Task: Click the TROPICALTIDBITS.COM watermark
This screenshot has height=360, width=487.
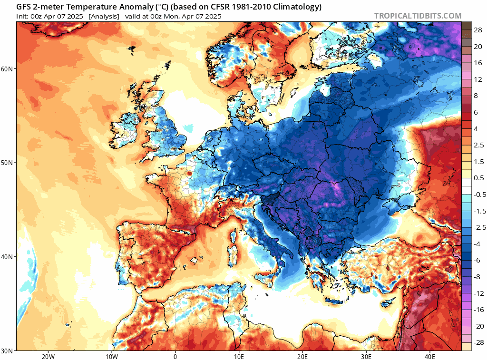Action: click(x=418, y=16)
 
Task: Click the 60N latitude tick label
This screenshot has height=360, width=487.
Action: click(x=8, y=69)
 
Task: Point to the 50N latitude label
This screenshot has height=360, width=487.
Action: click(x=8, y=163)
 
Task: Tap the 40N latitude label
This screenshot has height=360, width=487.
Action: click(x=8, y=257)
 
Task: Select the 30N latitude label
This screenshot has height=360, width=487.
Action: click(x=8, y=350)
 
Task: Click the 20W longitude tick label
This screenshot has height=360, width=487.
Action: click(x=48, y=357)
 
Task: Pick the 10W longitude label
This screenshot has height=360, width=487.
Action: click(x=112, y=357)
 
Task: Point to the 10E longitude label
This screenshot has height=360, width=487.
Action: click(x=239, y=357)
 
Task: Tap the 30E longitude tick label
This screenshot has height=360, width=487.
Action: click(x=366, y=357)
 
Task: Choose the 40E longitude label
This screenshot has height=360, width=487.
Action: click(x=430, y=357)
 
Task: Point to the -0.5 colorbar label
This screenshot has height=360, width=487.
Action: click(x=477, y=194)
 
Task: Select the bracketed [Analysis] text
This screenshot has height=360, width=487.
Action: click(x=104, y=16)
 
